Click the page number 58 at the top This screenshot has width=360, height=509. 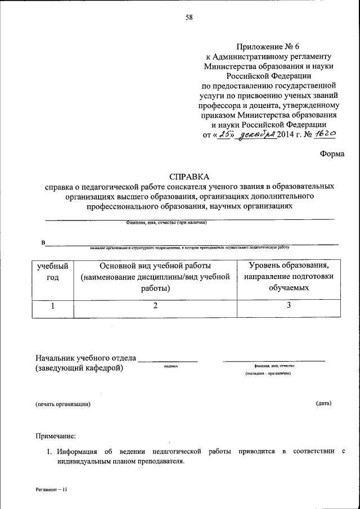pos(189,17)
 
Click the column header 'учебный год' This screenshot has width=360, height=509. pos(53,271)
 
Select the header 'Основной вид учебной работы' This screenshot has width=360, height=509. pos(155,265)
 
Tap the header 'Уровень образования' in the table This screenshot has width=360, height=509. pos(289,265)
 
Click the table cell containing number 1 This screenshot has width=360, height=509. pos(53,307)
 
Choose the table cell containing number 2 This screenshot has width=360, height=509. pos(155,307)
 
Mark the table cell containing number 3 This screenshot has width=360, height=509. pos(289,307)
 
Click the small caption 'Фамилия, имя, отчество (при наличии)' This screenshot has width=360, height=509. pos(166,223)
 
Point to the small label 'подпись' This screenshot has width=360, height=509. pos(171,366)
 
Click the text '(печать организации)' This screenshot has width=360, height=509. pos(62,404)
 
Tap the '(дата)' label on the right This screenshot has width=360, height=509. pos(323,403)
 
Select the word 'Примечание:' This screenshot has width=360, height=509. pos(56,435)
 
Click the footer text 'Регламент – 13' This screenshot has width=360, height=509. pos(51,490)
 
